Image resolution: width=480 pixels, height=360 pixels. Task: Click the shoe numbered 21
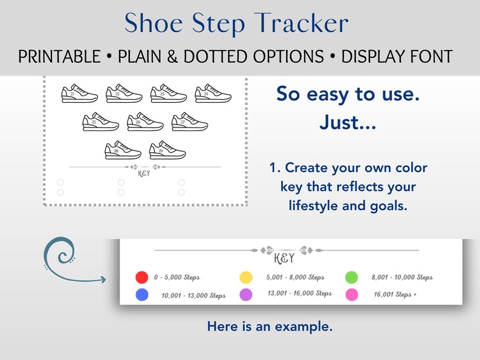79,94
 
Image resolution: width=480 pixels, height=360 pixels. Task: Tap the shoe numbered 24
213,94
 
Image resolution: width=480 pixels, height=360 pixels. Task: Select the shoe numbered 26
145,122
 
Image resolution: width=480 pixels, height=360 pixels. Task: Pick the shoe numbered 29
167,150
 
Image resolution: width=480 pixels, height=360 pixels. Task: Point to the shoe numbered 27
190,122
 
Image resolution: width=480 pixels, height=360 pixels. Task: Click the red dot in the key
142,277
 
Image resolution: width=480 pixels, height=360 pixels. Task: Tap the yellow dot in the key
246,277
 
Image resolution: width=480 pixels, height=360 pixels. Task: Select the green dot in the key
351,277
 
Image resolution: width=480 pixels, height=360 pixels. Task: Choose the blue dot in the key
142,295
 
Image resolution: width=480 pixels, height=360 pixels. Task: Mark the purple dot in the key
246,295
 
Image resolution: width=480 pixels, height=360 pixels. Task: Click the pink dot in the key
351,295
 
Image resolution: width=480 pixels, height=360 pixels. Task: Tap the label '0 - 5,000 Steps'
177,277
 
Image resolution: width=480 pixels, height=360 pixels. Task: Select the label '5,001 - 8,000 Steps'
295,277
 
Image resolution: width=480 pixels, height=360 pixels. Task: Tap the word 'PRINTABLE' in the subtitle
59,57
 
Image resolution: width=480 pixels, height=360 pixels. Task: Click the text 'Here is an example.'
270,327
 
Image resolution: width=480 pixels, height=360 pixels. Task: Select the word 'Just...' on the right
347,124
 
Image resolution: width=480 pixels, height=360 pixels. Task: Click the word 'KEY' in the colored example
284,259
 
